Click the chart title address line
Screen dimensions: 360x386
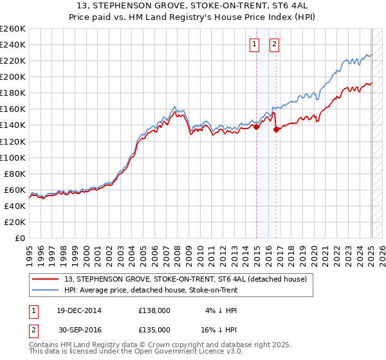point(193,6)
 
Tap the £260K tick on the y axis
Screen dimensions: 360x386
point(13,29)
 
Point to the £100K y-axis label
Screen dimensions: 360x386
point(13,157)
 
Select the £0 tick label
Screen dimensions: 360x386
point(19,238)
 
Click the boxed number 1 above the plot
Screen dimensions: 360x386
point(254,44)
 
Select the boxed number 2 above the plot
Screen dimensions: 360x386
point(274,44)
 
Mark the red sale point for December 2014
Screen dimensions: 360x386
point(257,127)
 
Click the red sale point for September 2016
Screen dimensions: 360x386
point(277,129)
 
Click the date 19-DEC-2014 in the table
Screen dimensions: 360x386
point(78,310)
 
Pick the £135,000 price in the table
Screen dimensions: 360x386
point(154,329)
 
